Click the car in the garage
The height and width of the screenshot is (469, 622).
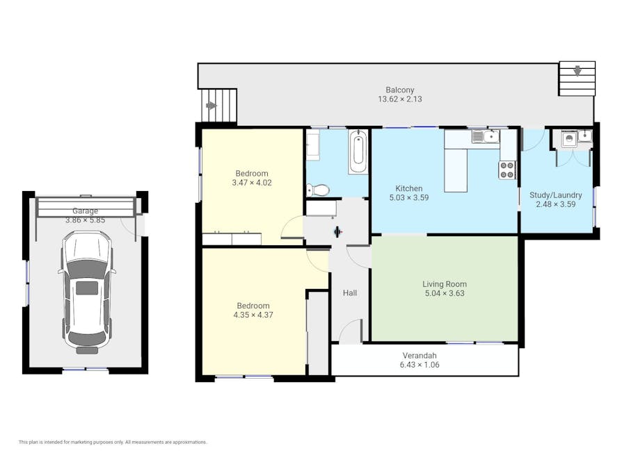coord(87,293)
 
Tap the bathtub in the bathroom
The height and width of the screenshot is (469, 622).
coord(358,152)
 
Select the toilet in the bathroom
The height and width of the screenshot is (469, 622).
coord(318,190)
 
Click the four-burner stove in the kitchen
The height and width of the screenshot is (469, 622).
coord(507,170)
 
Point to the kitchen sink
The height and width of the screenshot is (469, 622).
coord(486,137)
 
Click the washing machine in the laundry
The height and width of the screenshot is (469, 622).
coord(569,140)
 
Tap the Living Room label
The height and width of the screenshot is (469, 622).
coord(445,284)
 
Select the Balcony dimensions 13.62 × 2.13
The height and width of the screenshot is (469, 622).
coord(400,99)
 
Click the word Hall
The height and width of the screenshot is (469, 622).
coord(350,293)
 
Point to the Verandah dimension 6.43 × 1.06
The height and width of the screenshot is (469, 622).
coord(420,365)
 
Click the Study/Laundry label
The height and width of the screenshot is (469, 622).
coord(556,195)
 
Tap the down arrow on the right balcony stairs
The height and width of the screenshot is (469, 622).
coord(577,70)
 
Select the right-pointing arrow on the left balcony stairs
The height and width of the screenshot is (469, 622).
coord(212,106)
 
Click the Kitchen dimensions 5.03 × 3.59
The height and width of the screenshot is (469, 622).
coord(409,197)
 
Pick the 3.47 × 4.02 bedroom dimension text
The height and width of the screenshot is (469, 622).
coord(252,183)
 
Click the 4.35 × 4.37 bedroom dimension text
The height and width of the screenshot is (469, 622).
coord(253,315)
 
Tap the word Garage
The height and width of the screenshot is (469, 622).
coord(85,211)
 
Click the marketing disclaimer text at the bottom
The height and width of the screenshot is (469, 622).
coord(113,442)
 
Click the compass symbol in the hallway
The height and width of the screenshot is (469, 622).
coord(337,232)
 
